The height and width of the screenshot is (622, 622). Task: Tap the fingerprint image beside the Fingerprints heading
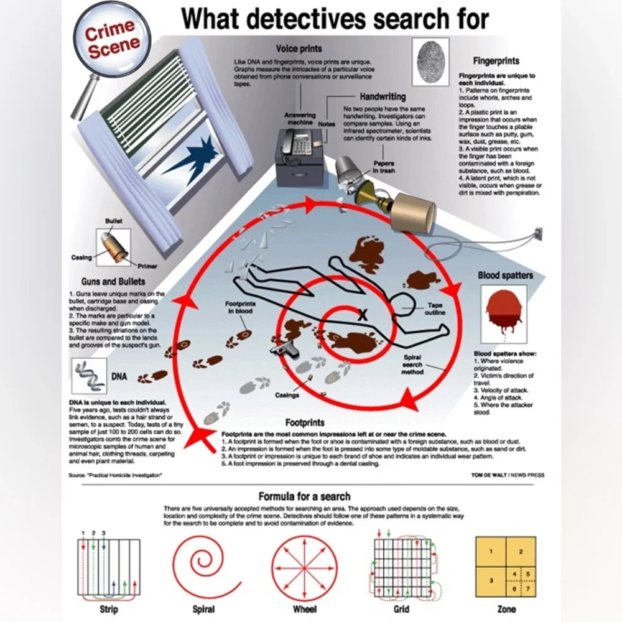pos(430,62)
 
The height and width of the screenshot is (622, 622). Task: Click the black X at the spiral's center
pos(363,317)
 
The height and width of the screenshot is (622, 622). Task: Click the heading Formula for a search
pos(304,496)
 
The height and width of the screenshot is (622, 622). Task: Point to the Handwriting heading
pos(383,96)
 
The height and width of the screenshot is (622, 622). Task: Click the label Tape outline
pos(435,309)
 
